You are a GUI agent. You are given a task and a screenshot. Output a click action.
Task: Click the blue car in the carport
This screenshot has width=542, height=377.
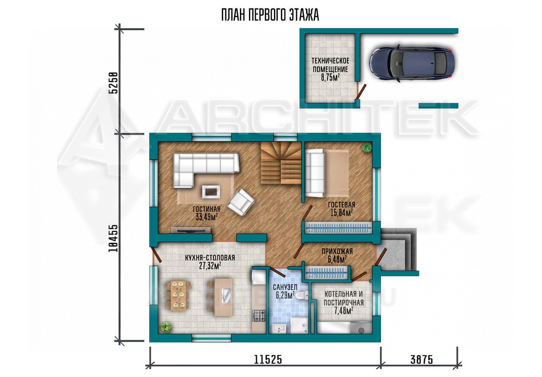click(x=412, y=63)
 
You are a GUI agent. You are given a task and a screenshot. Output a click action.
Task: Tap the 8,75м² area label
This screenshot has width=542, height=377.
click(x=330, y=78)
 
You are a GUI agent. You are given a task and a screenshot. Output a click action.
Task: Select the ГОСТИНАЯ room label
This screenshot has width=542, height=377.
click(x=206, y=209)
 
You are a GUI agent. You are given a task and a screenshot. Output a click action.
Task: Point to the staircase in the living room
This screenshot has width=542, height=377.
click(x=281, y=163)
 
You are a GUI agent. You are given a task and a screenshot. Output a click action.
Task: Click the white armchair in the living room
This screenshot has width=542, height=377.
click(x=240, y=202)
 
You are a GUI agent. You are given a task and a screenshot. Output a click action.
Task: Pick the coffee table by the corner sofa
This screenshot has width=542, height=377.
click(x=211, y=192)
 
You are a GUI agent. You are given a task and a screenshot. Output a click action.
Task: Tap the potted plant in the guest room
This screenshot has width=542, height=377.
click(x=367, y=147)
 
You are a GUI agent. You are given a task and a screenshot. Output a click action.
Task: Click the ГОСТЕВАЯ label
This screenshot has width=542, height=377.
click(x=341, y=205)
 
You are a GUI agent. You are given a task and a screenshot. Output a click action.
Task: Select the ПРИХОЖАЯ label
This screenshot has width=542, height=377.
click(x=337, y=251)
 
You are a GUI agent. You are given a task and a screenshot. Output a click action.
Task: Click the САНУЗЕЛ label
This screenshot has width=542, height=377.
click(x=285, y=287)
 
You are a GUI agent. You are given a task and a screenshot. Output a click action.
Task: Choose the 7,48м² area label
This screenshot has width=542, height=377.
click(x=343, y=311)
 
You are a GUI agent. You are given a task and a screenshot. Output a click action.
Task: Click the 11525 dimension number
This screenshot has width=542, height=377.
click(x=268, y=360)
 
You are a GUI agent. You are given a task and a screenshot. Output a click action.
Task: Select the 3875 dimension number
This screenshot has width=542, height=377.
click(x=422, y=360)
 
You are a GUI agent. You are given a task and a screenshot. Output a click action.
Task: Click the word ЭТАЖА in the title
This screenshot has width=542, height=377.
click(x=304, y=15)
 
